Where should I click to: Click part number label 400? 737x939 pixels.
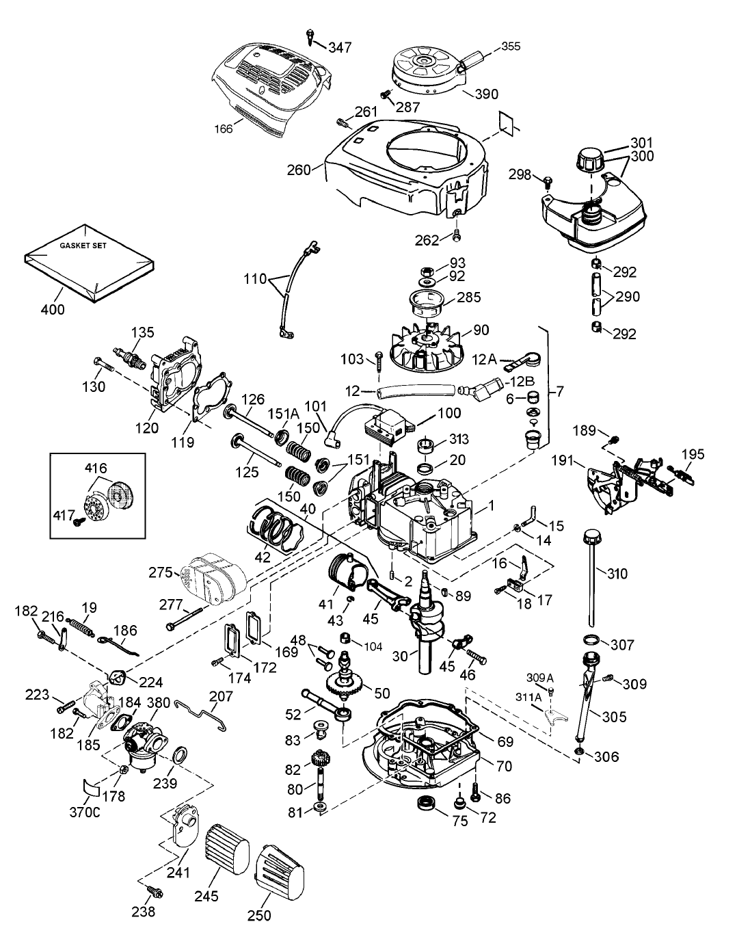(53, 309)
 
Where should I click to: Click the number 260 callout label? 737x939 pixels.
(299, 169)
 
